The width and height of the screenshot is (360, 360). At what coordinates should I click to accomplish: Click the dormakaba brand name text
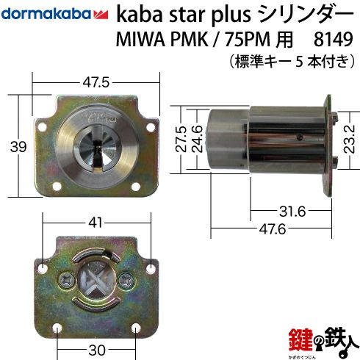click(x=46, y=14)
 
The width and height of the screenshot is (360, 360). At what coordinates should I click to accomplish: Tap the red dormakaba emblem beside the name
click(x=101, y=15)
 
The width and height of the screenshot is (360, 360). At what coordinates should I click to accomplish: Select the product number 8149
click(x=333, y=39)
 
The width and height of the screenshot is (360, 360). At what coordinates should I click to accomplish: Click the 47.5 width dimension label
click(x=96, y=82)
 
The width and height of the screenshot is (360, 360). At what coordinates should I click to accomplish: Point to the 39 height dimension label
click(x=18, y=147)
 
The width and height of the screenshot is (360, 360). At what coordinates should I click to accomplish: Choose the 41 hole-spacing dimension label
click(x=96, y=223)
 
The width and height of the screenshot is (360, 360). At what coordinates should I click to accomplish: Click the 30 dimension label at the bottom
click(x=97, y=350)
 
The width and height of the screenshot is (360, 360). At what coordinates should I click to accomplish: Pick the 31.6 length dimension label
click(x=292, y=212)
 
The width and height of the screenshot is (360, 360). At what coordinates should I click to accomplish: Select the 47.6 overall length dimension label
click(x=273, y=229)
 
